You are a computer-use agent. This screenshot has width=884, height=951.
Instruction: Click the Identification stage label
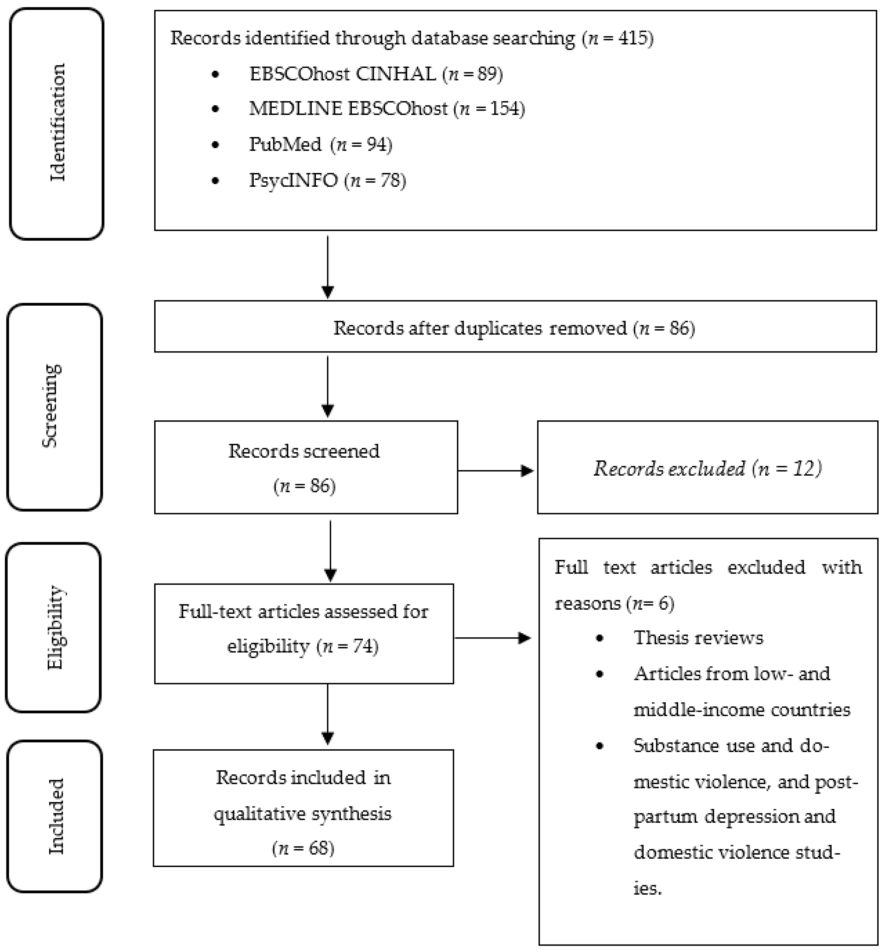(x=58, y=123)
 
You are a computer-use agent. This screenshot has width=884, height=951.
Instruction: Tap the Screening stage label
(x=52, y=406)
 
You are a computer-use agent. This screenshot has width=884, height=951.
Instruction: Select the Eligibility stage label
(x=55, y=627)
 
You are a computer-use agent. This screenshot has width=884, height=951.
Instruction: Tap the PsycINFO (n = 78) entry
(x=327, y=180)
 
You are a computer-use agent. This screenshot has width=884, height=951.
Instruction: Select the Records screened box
(x=305, y=467)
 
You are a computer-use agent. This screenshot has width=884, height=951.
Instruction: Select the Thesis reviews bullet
(x=698, y=638)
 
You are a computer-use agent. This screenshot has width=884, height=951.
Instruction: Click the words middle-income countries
(x=741, y=709)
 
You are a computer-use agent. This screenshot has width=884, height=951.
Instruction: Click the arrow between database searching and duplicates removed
(x=328, y=266)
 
